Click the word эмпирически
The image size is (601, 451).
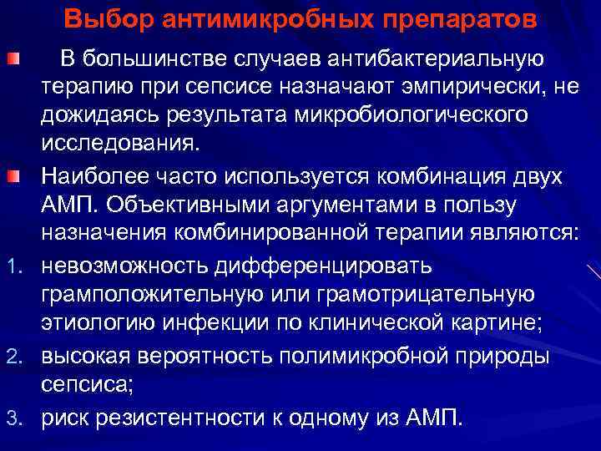click(x=470, y=86)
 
